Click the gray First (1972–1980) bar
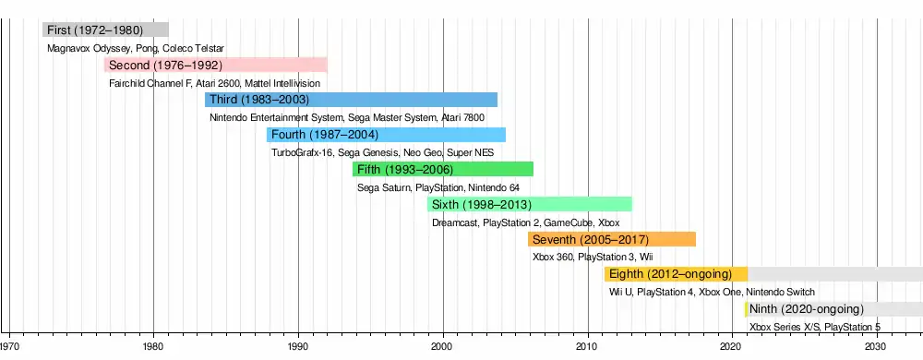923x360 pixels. [x=105, y=30]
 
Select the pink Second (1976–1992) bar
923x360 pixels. [x=216, y=65]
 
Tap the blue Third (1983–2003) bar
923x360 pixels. [x=352, y=100]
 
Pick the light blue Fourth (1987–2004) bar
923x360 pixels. [x=386, y=135]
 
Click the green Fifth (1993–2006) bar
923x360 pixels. [x=443, y=170]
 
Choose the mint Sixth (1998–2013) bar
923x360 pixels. [x=530, y=204]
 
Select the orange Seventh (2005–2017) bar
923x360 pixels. [x=612, y=239]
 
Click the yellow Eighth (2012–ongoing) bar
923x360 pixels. [x=677, y=274]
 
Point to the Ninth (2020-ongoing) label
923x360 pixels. [x=807, y=309]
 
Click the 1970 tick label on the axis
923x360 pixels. [x=9, y=346]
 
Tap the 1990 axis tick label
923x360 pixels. [x=298, y=346]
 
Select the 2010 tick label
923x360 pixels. [x=588, y=346]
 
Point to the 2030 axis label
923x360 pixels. [x=877, y=346]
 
